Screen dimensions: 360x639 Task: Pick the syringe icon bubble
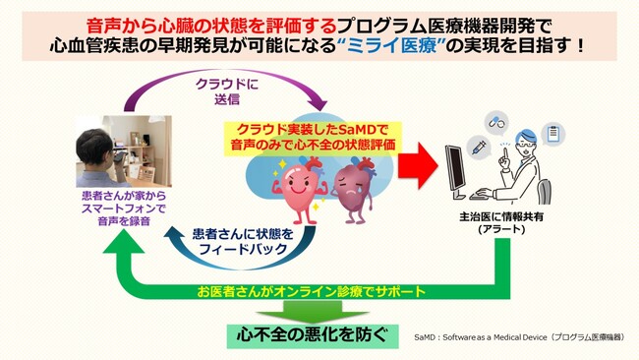[x=480, y=145]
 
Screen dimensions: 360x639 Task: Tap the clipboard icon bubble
[x=552, y=132]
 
